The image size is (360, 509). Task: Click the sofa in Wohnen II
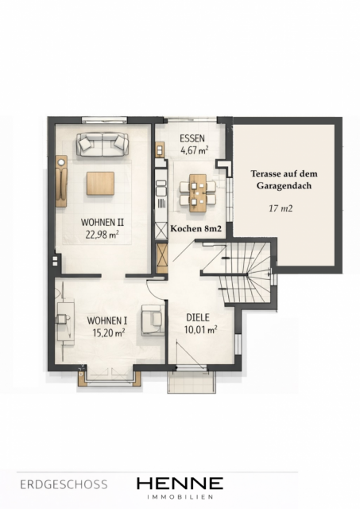click(103, 144)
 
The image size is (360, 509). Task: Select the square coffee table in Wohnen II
click(100, 184)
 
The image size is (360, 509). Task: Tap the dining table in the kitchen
click(198, 193)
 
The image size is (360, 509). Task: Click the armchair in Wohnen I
click(153, 320)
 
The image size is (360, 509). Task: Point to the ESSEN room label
click(192, 138)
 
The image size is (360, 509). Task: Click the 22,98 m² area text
click(102, 235)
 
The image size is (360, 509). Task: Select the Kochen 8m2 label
click(195, 228)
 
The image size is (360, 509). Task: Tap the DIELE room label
click(198, 317)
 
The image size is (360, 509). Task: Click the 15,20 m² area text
click(109, 332)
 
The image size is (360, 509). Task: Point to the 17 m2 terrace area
click(281, 208)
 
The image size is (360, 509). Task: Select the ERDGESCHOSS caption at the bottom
click(64, 484)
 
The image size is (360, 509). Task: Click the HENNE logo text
click(180, 484)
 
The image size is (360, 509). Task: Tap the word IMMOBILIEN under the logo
click(180, 497)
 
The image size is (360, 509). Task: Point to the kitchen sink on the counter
click(161, 187)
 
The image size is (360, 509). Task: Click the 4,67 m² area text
click(194, 150)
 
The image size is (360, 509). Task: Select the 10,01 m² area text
click(201, 330)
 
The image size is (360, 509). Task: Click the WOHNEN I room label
click(107, 321)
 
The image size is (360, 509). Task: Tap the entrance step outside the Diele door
click(191, 382)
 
